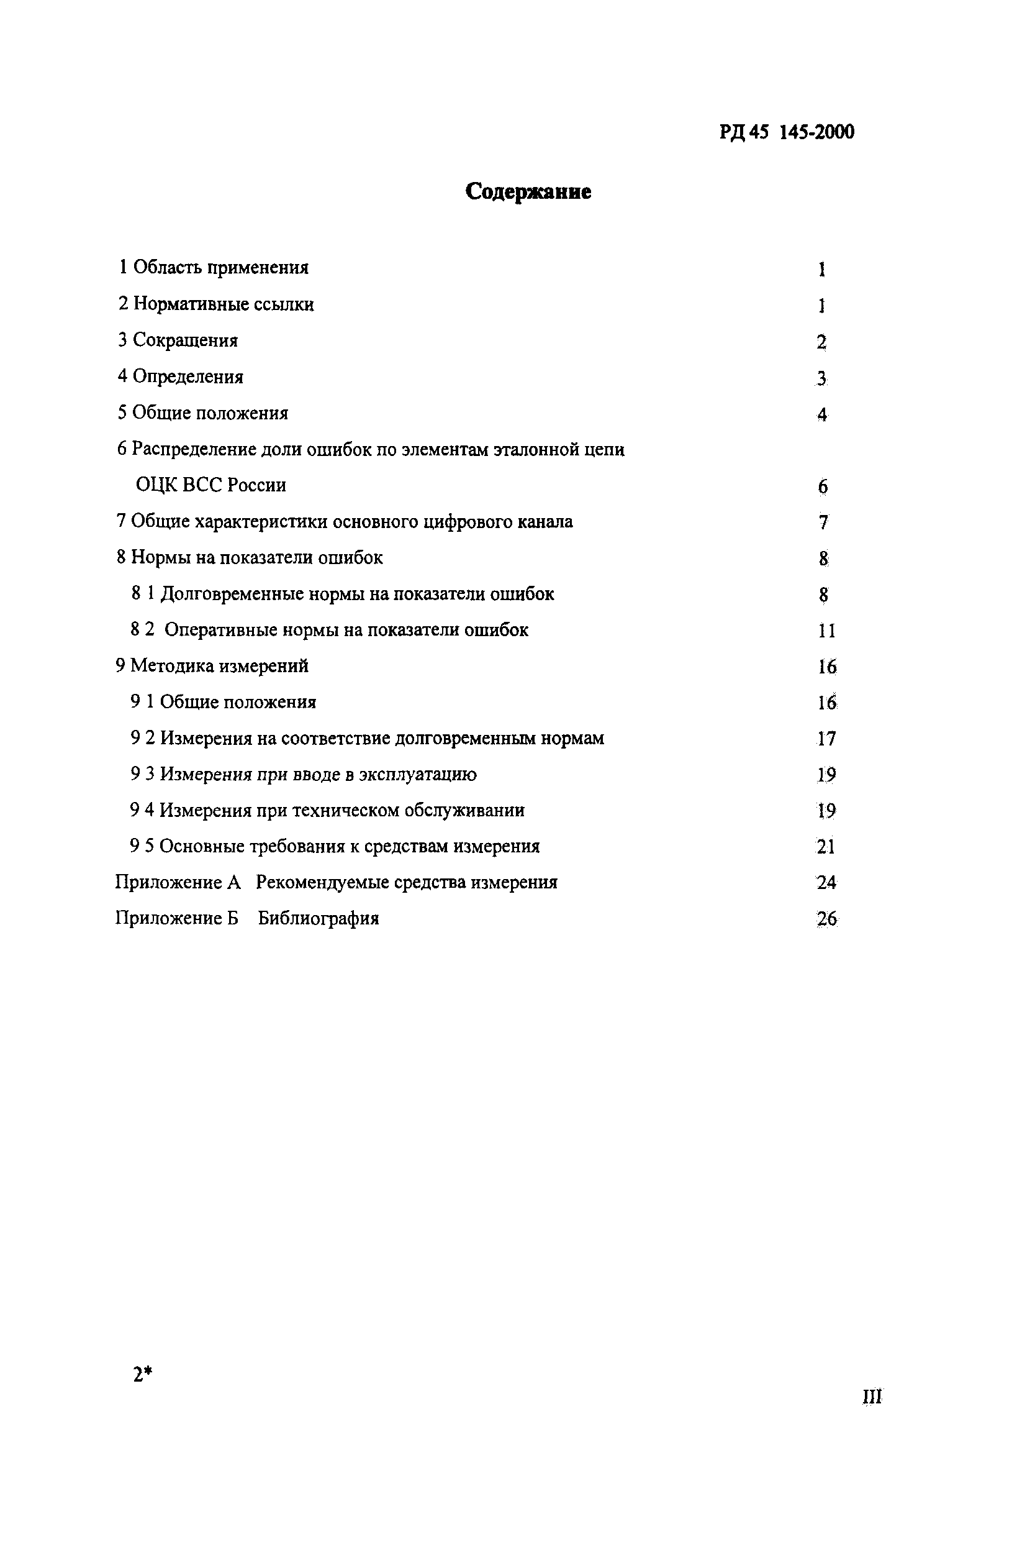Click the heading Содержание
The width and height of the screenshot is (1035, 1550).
pos(528,191)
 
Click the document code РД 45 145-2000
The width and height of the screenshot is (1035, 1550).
pos(787,132)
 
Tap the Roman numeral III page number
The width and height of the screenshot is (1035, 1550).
pos(872,1397)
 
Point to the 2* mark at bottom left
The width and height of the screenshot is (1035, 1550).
pos(143,1374)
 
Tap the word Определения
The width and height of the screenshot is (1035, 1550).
pos(188,376)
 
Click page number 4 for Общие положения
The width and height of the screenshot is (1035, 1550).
pos(822,415)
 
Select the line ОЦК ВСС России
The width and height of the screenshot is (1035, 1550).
pos(210,485)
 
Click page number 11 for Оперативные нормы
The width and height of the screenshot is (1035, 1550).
pos(826,631)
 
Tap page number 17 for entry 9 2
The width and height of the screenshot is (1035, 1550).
pos(826,739)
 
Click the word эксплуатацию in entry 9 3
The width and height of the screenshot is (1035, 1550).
pos(417,774)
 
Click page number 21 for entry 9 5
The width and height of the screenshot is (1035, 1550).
pos(826,847)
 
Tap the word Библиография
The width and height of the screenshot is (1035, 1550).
pos(318,919)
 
